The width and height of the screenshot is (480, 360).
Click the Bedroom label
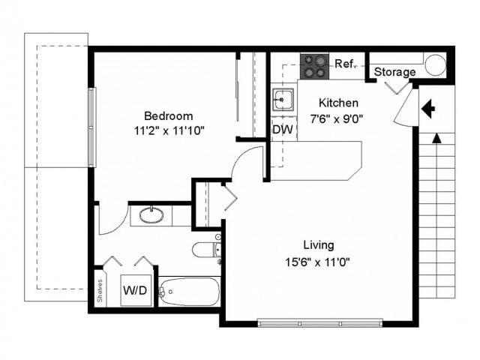coord(169,116)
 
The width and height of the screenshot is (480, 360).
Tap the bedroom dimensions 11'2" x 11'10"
coord(169,130)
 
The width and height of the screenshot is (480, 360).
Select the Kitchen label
coord(338,103)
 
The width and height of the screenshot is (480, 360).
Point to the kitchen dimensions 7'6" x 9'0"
coord(338,117)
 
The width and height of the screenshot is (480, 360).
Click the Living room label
coord(318,245)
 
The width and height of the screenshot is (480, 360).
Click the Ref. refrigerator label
coord(344,64)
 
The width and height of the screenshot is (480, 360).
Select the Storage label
coord(394,72)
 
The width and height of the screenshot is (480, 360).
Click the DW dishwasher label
coord(282,129)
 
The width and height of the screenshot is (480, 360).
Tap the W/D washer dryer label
coord(136,289)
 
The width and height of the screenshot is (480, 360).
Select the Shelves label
coord(100,290)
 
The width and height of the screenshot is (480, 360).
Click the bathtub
coord(188,291)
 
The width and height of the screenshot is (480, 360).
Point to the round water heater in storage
coord(434,65)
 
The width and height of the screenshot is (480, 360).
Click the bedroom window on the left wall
coord(91,127)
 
